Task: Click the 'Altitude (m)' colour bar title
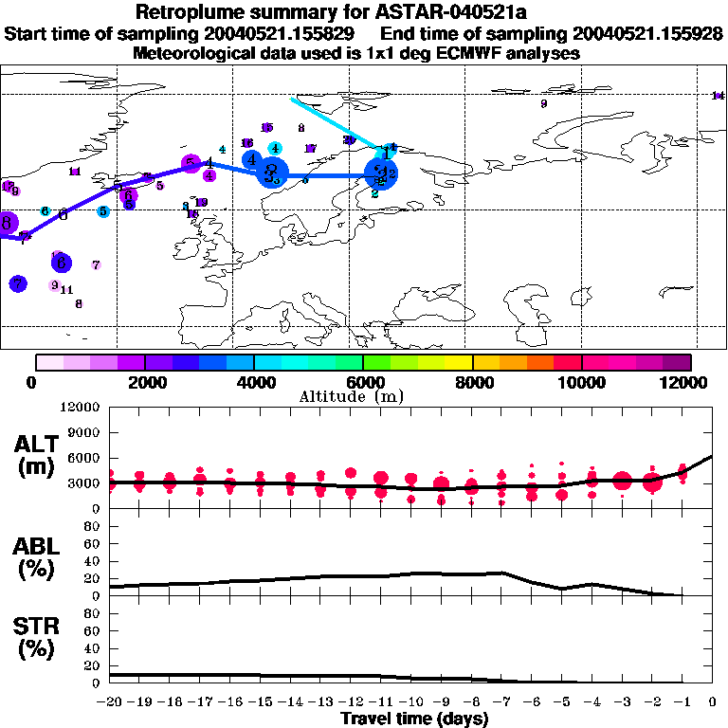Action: click(x=363, y=396)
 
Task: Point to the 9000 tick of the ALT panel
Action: click(x=86, y=432)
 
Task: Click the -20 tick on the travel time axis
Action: click(x=111, y=702)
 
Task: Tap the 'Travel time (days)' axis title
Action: click(x=414, y=719)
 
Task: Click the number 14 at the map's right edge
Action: click(x=717, y=96)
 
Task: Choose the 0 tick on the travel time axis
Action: click(x=713, y=702)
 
